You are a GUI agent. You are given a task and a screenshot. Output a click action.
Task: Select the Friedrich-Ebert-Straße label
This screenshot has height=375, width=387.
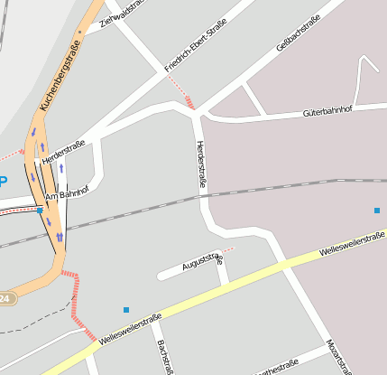coord(195,49)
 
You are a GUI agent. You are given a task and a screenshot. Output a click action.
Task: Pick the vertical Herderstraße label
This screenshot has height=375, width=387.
coord(201,164)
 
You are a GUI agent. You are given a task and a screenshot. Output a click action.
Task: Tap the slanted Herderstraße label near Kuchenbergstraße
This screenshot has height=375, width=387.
coord(63,151)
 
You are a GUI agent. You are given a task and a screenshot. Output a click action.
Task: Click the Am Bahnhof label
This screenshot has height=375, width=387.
coord(67,192)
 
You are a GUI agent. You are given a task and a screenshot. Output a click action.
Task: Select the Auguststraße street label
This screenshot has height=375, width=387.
coord(202,261)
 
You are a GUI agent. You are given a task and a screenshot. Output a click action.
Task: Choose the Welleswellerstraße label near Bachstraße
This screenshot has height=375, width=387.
coord(131,328)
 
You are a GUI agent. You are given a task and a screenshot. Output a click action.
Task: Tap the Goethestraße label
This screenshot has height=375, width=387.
coord(277,368)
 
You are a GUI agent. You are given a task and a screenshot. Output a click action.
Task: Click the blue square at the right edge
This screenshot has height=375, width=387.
coord(377,211)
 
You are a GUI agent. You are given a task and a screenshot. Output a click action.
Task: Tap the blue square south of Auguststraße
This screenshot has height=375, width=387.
coord(125,310)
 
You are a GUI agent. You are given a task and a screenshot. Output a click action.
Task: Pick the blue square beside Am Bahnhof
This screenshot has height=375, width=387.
coord(40,210)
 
